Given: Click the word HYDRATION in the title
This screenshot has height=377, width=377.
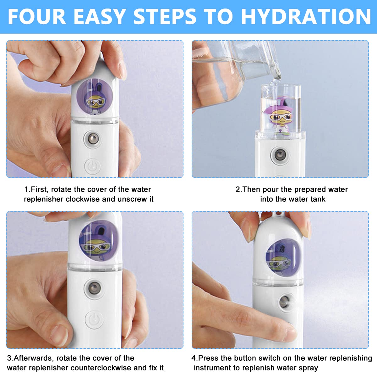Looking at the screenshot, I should click(x=306, y=17).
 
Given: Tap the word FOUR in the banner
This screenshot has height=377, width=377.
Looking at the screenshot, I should click(x=37, y=17).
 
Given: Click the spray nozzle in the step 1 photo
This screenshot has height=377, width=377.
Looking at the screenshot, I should click(x=92, y=138).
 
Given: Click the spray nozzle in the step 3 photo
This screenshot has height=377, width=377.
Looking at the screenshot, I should click(x=94, y=287).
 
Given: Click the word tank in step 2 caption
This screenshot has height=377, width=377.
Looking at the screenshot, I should click(x=318, y=199).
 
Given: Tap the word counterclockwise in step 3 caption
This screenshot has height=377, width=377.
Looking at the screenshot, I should click(x=96, y=368).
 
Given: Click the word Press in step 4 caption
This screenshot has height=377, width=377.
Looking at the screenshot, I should click(x=208, y=358).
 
